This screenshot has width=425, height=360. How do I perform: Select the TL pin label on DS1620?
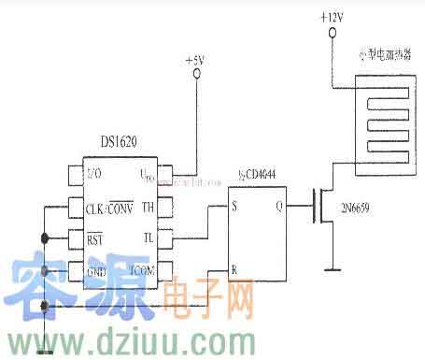[148, 238]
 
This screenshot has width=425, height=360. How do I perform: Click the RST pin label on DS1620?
[93, 238]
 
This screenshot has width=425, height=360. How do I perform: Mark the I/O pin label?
[93, 174]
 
